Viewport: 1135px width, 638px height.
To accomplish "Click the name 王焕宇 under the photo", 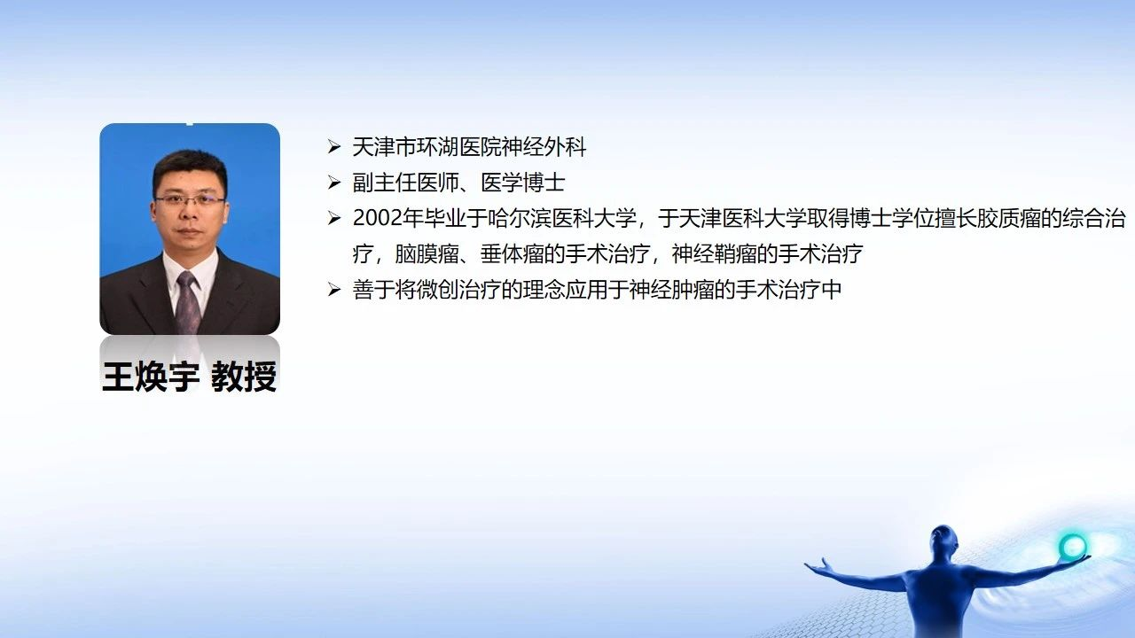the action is click(x=151, y=377).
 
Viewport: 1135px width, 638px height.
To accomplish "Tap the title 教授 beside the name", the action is click(x=244, y=377).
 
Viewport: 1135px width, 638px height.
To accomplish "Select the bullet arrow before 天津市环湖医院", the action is click(x=334, y=147).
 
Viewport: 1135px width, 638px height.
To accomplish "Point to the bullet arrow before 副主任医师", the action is click(x=334, y=183).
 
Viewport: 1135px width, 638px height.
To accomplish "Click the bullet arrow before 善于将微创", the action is click(x=334, y=290).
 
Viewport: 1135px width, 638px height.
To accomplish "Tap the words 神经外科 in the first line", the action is click(x=544, y=147).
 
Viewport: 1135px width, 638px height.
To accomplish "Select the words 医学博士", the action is click(x=523, y=183).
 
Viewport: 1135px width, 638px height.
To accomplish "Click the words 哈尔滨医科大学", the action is click(x=562, y=218).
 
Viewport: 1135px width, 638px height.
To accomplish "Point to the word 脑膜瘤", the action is click(x=427, y=253).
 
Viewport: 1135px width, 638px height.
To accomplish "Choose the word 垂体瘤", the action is click(x=512, y=253).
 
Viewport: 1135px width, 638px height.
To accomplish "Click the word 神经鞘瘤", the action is click(x=714, y=253).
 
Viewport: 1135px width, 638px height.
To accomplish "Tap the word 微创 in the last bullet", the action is click(x=427, y=290).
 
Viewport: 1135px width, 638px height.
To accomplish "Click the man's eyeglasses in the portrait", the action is click(x=190, y=200).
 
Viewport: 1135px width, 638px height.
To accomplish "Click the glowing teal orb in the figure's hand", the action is click(x=1073, y=547).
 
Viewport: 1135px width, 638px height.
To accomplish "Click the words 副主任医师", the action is click(x=406, y=183).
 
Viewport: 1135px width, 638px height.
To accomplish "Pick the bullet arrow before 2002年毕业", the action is click(x=334, y=218).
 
